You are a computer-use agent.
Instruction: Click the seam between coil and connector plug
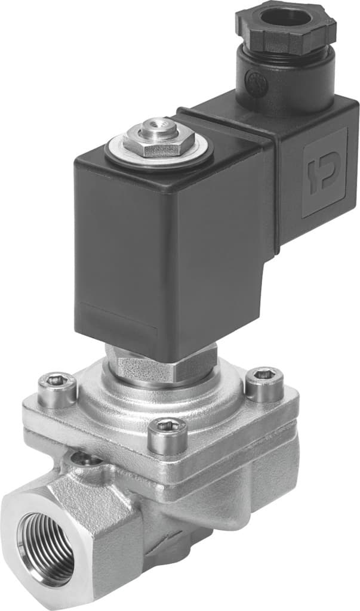pos(274,179)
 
